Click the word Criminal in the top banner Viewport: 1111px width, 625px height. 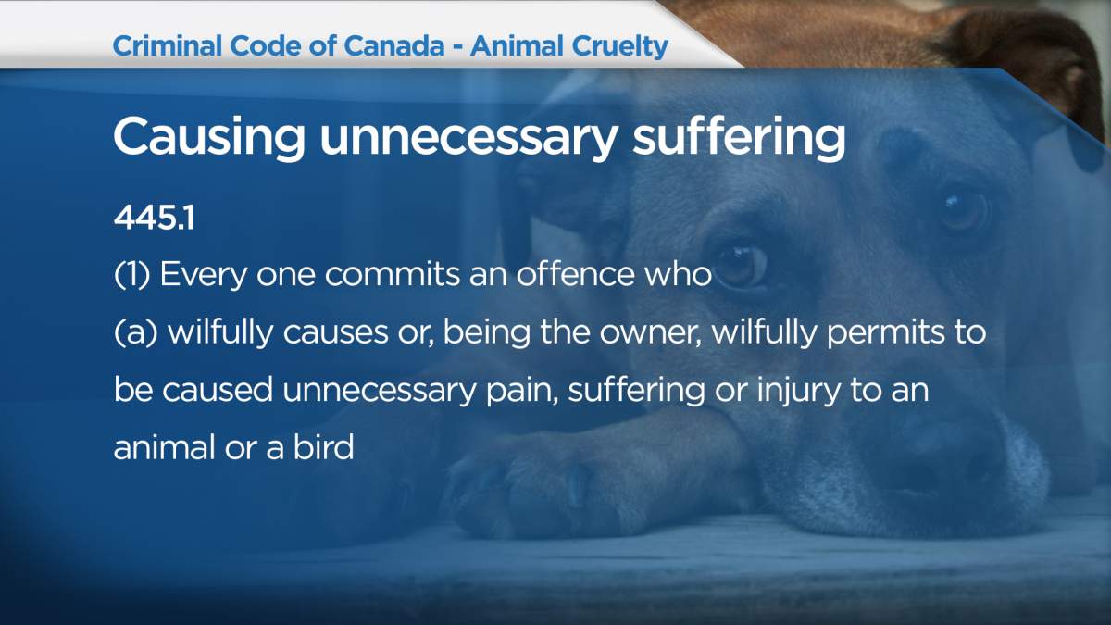pos(168,46)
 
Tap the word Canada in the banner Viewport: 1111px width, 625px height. pos(393,46)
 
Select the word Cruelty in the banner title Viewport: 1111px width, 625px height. pos(619,47)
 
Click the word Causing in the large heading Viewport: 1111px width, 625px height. pos(209,139)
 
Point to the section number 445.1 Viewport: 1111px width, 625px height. pos(154,218)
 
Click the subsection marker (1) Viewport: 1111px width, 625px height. pos(131,274)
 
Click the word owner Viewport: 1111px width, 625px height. pos(651,331)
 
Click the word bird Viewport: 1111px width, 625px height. pos(323,446)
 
